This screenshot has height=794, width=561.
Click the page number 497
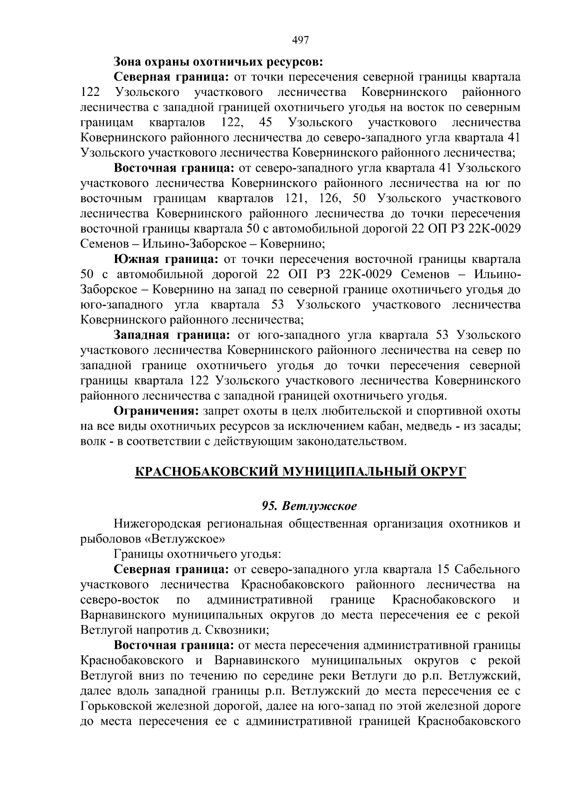(301, 40)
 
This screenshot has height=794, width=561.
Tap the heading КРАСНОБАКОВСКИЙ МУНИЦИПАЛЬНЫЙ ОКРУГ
(301, 471)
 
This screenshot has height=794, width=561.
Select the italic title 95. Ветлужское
(309, 506)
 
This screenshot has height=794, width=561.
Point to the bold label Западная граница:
(173, 335)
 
